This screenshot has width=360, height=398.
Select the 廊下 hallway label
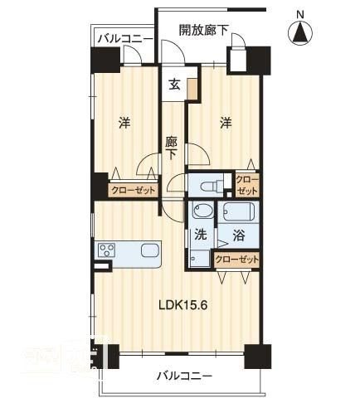tap(172, 147)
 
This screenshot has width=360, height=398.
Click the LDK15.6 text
tap(183, 303)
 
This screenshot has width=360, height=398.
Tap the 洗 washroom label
tap(200, 235)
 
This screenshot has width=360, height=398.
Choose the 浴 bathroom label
tap(237, 235)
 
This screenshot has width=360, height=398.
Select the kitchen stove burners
tap(107, 251)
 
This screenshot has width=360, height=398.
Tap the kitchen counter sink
tap(150, 250)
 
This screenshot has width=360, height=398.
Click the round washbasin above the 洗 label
tap(202, 211)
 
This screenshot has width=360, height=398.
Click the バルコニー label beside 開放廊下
tap(124, 38)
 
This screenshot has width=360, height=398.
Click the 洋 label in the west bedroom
tap(124, 124)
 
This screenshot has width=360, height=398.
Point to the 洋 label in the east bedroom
tap(225, 124)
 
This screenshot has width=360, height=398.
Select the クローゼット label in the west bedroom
tap(133, 190)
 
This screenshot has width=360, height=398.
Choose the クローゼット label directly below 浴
tap(236, 260)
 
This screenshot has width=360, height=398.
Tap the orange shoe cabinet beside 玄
tap(192, 89)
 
